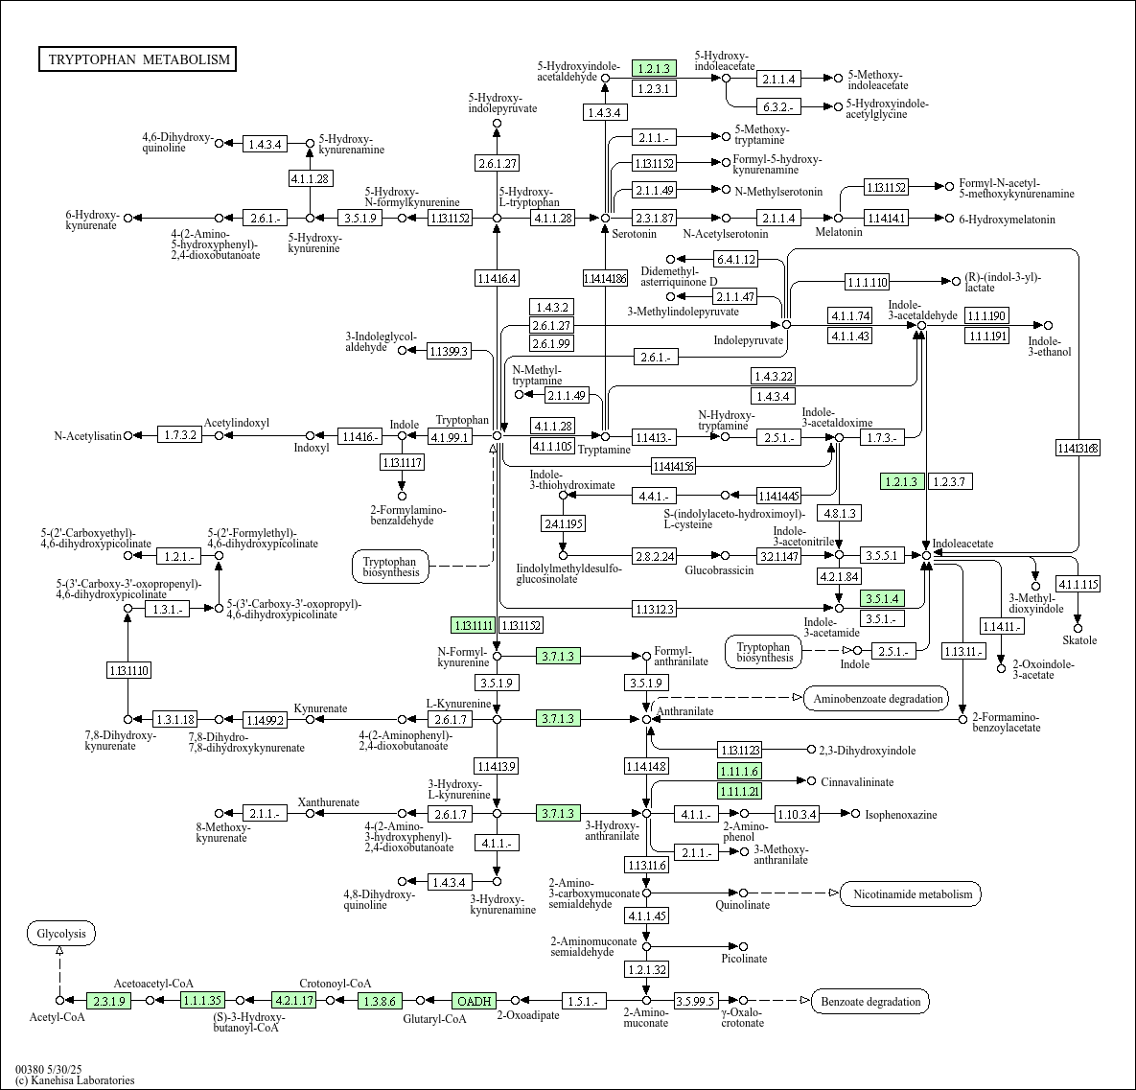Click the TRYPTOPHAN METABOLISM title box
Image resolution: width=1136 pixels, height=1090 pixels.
139,59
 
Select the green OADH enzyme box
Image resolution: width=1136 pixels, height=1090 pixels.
475,1001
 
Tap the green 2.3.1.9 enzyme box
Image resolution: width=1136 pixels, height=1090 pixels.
109,1001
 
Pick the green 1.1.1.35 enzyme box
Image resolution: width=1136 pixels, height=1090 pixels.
202,1001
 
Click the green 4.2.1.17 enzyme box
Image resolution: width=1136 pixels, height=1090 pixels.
293,1001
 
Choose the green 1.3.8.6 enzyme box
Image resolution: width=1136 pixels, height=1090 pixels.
379,1001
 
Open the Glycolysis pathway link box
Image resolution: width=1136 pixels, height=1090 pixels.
61,933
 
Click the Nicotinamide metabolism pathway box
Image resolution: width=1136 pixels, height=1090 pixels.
911,894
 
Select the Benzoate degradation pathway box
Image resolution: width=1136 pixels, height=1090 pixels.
870,1002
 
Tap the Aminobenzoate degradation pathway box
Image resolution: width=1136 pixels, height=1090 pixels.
877,698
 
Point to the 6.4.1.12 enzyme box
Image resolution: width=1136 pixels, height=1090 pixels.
735,259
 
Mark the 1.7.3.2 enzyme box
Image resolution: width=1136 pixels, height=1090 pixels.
179,435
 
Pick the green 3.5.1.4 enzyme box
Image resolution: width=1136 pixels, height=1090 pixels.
882,598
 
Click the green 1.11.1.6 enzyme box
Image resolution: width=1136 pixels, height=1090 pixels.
739,771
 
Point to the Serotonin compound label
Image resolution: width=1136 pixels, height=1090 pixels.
635,233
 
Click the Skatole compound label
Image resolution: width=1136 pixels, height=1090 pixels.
1079,639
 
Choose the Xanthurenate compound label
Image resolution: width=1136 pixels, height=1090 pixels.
329,802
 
